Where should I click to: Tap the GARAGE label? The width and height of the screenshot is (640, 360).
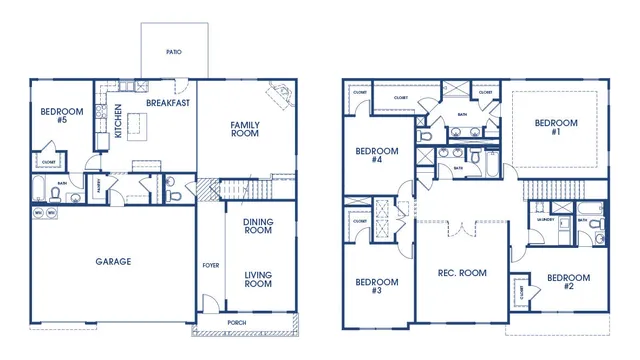click(113, 261)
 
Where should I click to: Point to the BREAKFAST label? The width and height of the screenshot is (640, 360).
click(167, 103)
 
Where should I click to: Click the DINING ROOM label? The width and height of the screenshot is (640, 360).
click(258, 225)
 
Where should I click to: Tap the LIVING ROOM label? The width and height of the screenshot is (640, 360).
click(258, 278)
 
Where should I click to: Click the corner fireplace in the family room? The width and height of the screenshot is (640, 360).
click(280, 98)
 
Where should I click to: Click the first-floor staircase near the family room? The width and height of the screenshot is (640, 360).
click(244, 189)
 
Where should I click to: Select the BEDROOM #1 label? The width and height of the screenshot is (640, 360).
click(556, 128)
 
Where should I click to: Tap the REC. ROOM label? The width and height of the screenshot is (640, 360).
click(461, 272)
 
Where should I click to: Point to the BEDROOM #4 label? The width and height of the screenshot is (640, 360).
click(377, 155)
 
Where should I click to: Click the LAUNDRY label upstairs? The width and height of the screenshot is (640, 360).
click(547, 216)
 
